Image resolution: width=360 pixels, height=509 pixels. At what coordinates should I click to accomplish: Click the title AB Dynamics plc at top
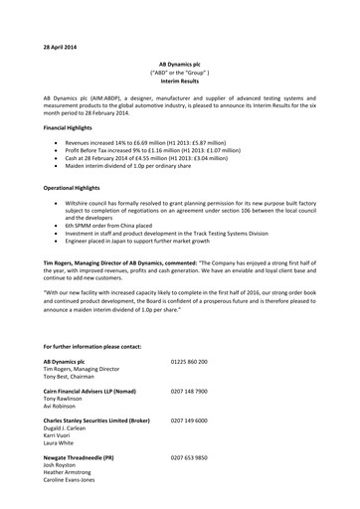coord(180,63)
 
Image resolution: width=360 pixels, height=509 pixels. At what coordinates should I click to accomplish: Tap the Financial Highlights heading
coord(77,129)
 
